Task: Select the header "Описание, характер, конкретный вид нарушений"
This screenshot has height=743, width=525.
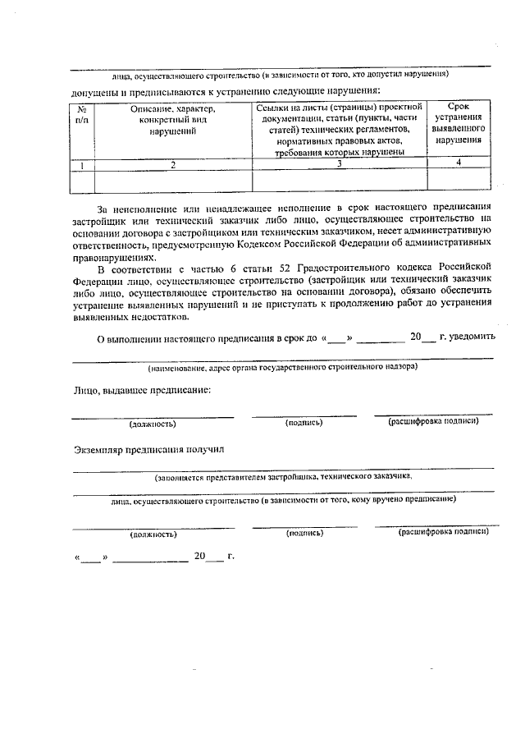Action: (173, 121)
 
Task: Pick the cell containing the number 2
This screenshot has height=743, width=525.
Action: (173, 165)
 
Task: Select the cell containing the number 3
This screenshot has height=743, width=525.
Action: (339, 164)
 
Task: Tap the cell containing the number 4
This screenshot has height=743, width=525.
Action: (459, 163)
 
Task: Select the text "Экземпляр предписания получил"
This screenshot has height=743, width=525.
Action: (148, 449)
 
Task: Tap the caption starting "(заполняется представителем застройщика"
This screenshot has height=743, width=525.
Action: (283, 475)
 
